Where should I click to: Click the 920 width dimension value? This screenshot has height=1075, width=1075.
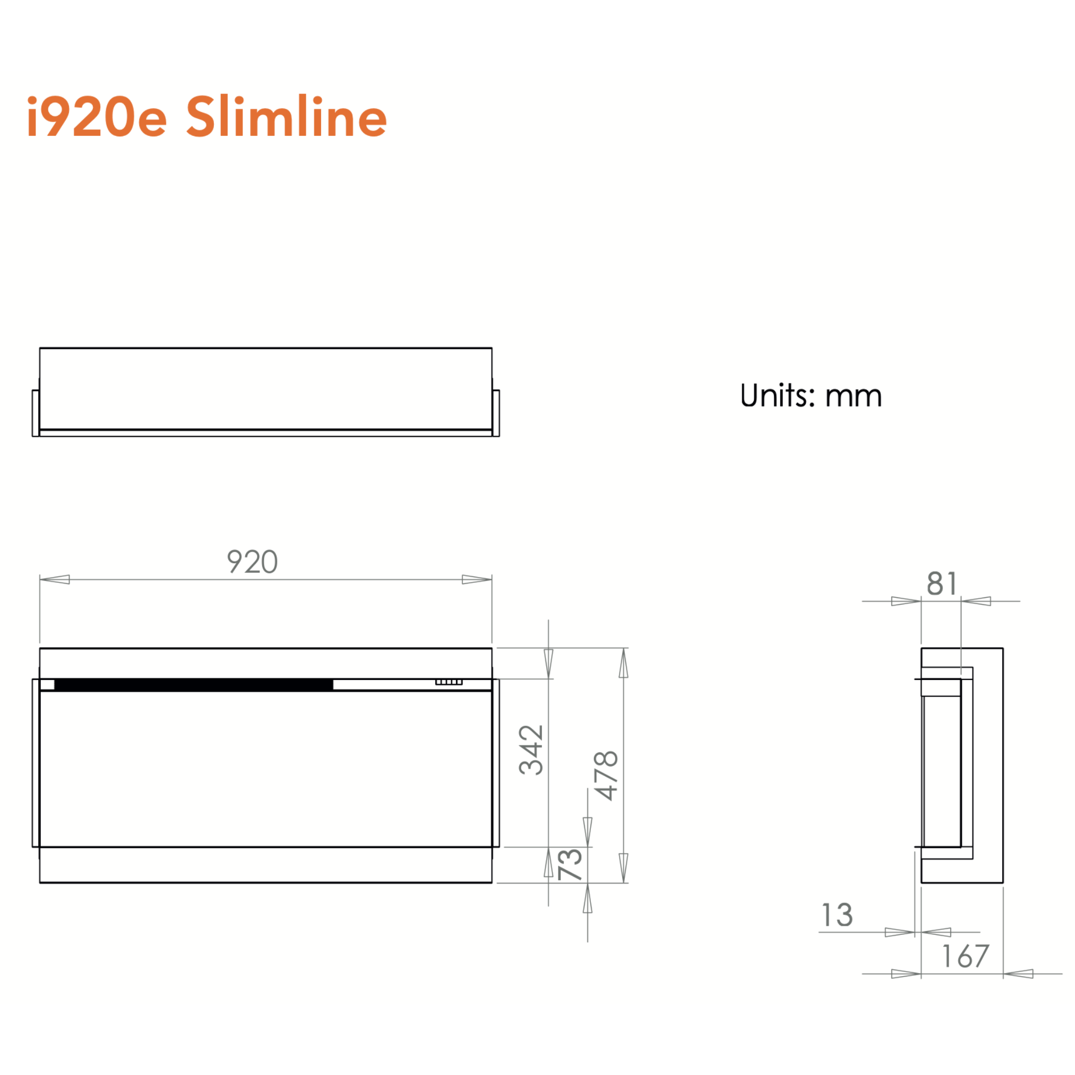[x=252, y=562]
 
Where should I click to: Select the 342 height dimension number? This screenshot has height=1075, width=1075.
[x=531, y=750]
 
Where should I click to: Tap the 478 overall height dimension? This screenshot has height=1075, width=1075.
[x=606, y=776]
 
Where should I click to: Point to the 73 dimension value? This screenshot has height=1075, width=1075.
[x=570, y=865]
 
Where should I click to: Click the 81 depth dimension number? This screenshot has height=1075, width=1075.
[x=942, y=583]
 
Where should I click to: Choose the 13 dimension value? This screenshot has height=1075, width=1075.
[x=837, y=915]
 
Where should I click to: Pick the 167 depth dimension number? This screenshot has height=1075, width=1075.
[x=966, y=957]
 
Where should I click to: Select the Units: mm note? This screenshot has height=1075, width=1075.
[x=811, y=395]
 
